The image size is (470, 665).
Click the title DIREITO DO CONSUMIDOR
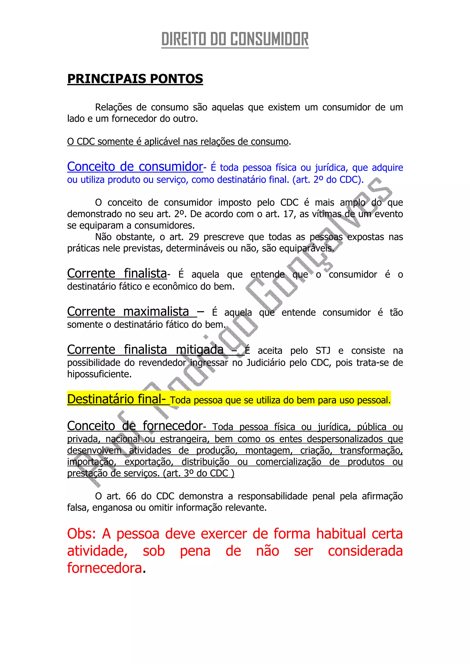click(x=235, y=39)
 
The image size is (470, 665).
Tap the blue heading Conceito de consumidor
click(x=135, y=167)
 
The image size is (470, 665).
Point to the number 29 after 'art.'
click(x=194, y=237)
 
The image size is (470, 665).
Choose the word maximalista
click(x=156, y=312)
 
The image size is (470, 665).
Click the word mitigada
click(x=200, y=350)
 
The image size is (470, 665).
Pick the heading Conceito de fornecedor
click(x=135, y=426)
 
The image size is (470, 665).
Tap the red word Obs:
click(x=82, y=534)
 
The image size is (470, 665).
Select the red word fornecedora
click(x=105, y=568)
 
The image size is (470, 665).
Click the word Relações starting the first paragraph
click(x=113, y=107)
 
